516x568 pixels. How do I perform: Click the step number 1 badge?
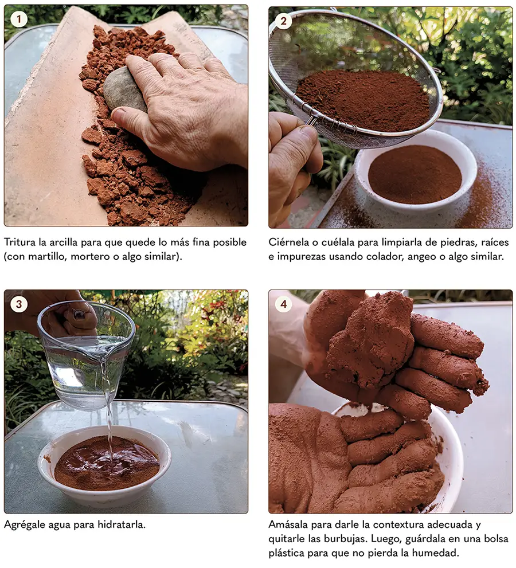click(x=19, y=19)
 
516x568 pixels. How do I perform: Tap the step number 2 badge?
click(x=283, y=21)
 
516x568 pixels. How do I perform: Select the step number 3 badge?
click(x=19, y=304)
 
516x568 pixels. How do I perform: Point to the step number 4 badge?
click(x=283, y=304)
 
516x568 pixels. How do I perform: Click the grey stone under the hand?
click(x=123, y=91)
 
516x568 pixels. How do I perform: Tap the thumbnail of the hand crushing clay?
click(x=126, y=116)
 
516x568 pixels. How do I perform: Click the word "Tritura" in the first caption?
click(x=18, y=242)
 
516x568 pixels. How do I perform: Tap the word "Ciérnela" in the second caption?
click(x=289, y=242)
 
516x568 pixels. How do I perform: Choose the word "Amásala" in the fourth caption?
click(x=288, y=524)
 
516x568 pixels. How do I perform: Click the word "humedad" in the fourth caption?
click(x=438, y=553)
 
